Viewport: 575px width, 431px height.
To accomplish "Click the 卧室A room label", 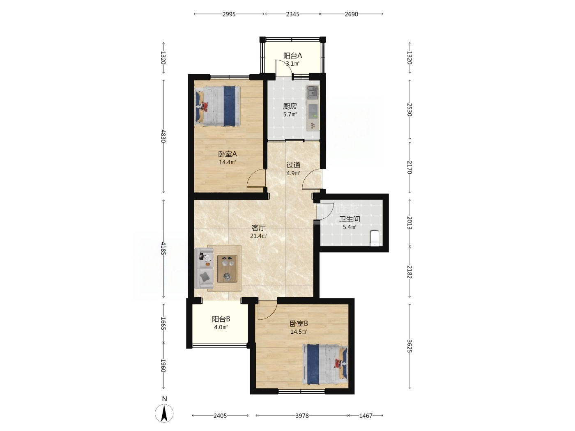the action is (x=227, y=154).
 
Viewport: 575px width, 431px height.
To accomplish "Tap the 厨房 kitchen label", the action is (x=290, y=106).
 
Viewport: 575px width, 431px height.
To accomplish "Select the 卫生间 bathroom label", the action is (x=350, y=219).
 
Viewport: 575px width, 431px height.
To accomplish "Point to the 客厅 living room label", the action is (x=259, y=228).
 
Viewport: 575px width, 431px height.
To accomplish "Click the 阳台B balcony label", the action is (x=221, y=319).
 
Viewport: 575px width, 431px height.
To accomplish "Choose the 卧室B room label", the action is (x=299, y=324).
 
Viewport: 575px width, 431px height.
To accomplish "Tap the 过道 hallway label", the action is (x=293, y=165).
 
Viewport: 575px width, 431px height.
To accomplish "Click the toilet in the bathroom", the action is (x=375, y=238).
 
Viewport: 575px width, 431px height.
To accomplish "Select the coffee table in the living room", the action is (x=227, y=268).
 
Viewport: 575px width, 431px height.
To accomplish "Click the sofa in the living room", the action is (x=204, y=268).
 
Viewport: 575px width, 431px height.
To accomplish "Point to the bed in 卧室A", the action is (x=218, y=106).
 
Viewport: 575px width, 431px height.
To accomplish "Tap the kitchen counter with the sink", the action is (x=313, y=108).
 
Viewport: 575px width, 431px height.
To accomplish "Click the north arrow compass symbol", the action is (x=164, y=413).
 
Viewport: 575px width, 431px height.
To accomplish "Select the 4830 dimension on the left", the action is (x=163, y=136).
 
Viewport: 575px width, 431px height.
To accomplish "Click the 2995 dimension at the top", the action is (x=229, y=14).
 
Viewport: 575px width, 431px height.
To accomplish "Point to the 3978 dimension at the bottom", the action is (x=302, y=415).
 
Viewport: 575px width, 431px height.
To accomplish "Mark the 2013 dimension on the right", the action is (x=410, y=223).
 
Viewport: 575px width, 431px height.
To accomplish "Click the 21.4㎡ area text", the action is (x=259, y=236).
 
